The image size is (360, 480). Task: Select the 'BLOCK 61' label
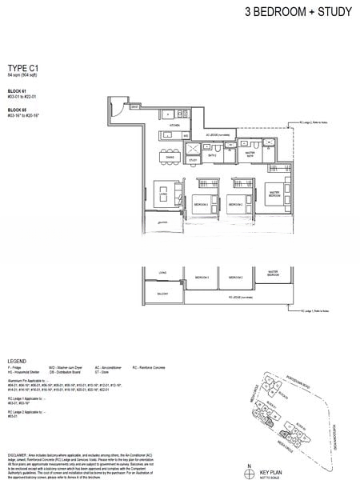[18, 92]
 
